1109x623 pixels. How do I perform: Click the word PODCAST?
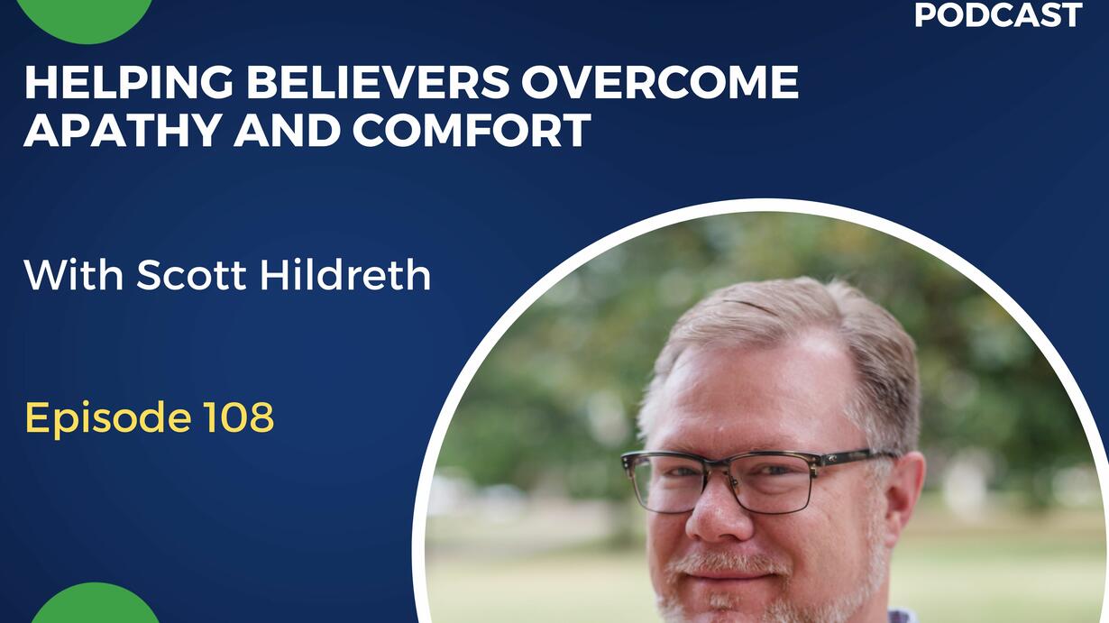click(x=997, y=14)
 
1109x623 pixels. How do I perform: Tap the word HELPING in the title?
click(x=129, y=82)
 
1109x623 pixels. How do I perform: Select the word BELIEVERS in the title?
click(x=378, y=82)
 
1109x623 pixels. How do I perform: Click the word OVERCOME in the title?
click(x=660, y=82)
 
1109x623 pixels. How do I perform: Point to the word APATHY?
click(x=123, y=130)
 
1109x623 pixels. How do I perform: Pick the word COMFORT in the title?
click(x=472, y=130)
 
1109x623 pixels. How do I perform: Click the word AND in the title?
click(x=286, y=130)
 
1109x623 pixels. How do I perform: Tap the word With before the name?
click(x=73, y=274)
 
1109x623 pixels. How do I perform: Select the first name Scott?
click(x=191, y=275)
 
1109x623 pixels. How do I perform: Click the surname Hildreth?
click(x=345, y=274)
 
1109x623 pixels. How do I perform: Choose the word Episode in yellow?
click(x=108, y=418)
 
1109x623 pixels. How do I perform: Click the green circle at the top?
click(x=86, y=20)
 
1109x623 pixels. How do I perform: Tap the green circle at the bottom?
click(x=96, y=604)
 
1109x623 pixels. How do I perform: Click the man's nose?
click(x=717, y=515)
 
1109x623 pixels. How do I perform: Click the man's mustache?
click(x=728, y=562)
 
